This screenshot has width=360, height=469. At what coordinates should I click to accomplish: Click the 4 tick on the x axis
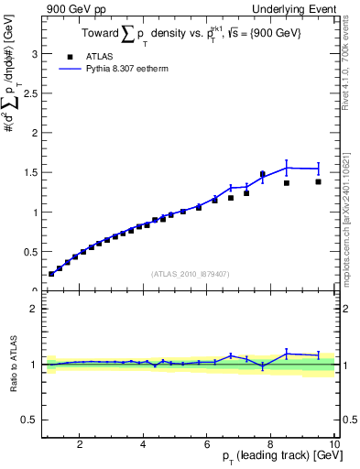pos(143,444)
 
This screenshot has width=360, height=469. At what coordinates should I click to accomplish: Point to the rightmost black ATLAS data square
pos(319,181)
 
